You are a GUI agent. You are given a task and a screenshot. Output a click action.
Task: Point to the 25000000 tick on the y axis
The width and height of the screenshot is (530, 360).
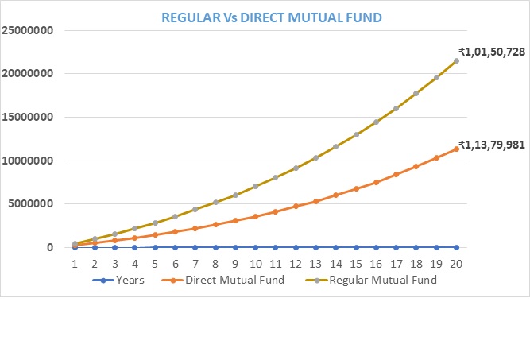click(x=26, y=30)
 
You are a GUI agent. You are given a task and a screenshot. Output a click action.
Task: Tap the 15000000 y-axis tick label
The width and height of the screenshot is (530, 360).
click(x=26, y=118)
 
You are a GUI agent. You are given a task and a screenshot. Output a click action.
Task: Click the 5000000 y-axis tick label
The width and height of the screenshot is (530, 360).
click(x=29, y=204)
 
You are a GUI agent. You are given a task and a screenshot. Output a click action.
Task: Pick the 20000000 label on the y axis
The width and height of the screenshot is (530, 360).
click(x=26, y=74)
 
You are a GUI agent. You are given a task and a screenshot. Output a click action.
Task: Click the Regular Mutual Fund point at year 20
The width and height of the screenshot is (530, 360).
click(x=456, y=60)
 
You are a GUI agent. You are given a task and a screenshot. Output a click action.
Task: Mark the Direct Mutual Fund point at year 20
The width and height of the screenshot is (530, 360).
click(x=456, y=149)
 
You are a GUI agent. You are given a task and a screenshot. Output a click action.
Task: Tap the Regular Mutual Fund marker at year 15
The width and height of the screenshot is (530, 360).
click(x=356, y=134)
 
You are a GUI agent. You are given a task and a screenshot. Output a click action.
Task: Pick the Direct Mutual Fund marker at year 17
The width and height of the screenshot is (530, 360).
click(x=396, y=175)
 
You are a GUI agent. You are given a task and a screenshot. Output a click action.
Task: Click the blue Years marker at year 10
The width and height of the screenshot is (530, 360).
click(x=256, y=247)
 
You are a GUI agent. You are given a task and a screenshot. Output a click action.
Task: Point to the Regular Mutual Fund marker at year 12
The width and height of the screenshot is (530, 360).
click(x=296, y=168)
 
